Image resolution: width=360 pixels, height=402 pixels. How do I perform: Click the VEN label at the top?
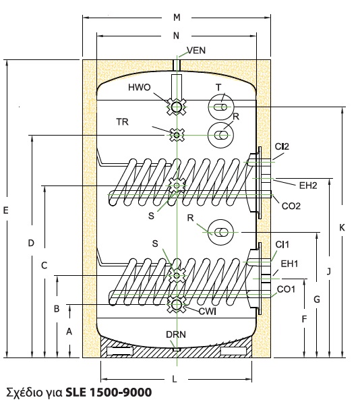point(196,51)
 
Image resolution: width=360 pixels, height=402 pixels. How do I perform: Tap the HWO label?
point(139,88)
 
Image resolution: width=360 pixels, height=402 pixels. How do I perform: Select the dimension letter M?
point(177,18)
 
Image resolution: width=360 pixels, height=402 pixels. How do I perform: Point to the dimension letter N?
point(176,36)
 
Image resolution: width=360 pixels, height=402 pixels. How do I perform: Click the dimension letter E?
point(5,210)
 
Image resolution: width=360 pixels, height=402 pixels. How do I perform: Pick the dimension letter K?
point(342,227)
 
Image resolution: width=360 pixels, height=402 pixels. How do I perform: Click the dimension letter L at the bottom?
point(174,379)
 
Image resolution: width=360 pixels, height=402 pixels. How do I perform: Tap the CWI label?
point(208,312)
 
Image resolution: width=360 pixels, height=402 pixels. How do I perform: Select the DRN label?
point(176,335)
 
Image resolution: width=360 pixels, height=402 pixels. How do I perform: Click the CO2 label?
point(291,206)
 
